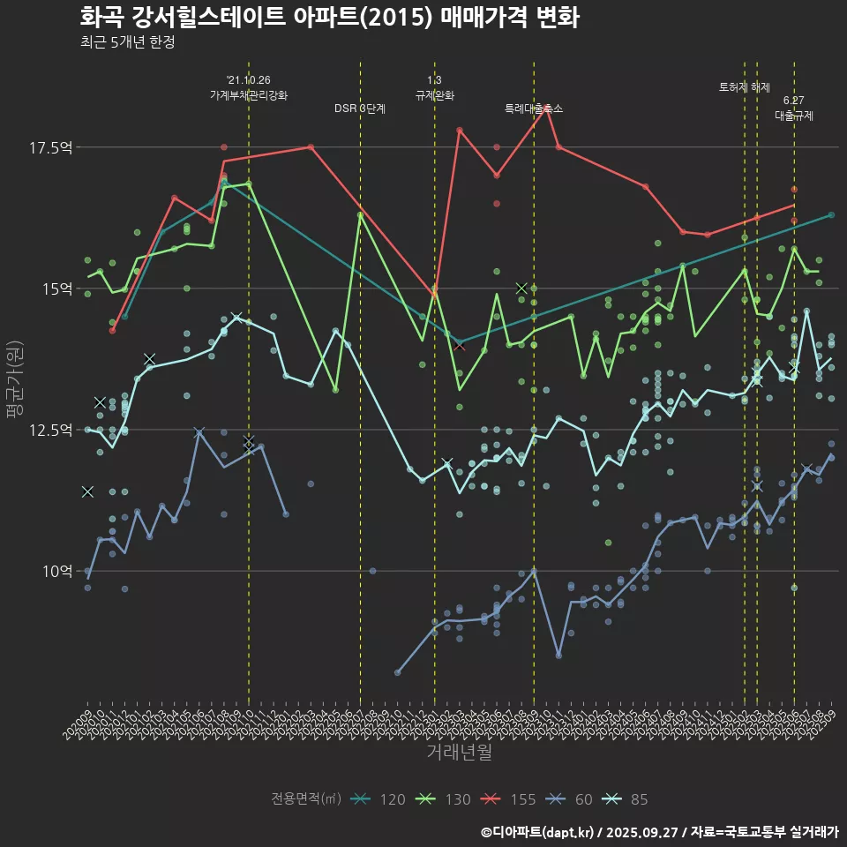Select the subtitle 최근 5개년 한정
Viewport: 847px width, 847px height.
click(127, 42)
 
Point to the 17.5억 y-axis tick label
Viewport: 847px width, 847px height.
click(51, 147)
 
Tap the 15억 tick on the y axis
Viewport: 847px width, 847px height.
click(56, 289)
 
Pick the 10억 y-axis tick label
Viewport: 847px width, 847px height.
click(56, 571)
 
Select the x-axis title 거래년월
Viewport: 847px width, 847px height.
click(459, 752)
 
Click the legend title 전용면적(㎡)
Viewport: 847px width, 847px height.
click(306, 799)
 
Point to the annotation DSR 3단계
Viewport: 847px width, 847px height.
click(360, 109)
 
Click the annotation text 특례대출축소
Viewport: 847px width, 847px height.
click(534, 109)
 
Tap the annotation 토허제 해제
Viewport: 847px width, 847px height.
click(745, 87)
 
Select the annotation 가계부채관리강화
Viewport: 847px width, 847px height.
click(249, 94)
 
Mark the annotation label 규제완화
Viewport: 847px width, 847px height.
click(435, 94)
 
